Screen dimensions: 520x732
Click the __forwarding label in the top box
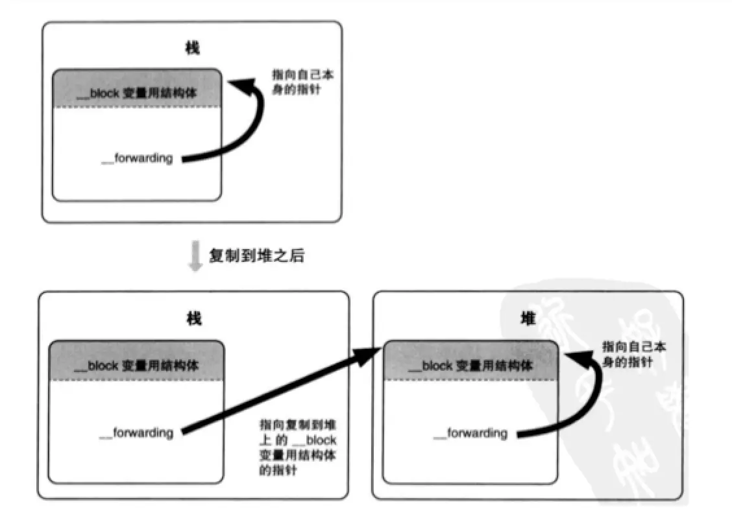point(137,158)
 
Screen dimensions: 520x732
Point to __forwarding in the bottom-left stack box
point(137,432)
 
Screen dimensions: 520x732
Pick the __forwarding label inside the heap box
point(470,432)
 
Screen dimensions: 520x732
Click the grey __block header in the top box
point(137,93)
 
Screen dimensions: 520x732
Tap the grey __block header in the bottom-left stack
point(137,366)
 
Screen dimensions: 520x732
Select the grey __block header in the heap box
point(470,366)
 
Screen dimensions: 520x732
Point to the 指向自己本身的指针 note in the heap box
point(633,354)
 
